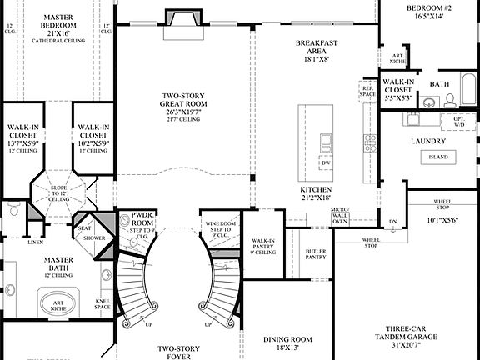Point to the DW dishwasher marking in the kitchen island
tap(325, 163)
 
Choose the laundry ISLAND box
tap(438, 157)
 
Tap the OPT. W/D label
tap(458, 122)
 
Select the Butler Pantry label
tap(316, 253)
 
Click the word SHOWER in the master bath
tap(94, 237)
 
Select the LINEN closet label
tap(36, 242)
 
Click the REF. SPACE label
tap(367, 91)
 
